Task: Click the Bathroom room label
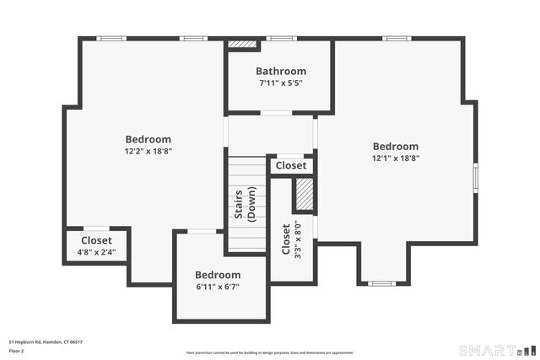(281, 72)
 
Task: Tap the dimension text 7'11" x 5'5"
(281, 83)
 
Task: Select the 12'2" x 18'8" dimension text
(148, 152)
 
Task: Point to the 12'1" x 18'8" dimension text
(396, 158)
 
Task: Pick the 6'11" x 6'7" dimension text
(218, 287)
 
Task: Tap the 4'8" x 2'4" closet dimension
(96, 251)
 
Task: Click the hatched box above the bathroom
(243, 44)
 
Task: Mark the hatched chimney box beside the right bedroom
(303, 195)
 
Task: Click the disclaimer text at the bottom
(270, 352)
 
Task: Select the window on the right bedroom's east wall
(475, 178)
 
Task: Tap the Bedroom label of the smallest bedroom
(218, 275)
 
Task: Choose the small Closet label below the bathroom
(291, 166)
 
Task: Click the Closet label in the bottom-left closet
(96, 240)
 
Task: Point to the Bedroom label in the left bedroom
(148, 140)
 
